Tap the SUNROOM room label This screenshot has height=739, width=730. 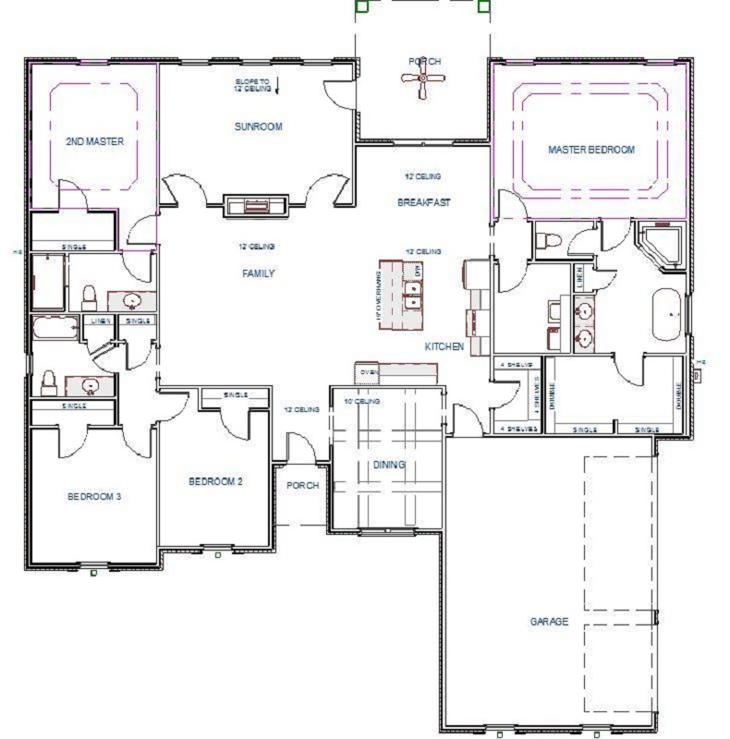pyautogui.click(x=258, y=127)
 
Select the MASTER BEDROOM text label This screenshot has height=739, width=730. pyautogui.click(x=591, y=150)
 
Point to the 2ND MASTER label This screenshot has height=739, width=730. pyautogui.click(x=94, y=142)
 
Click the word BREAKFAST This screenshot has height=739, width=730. pyautogui.click(x=423, y=202)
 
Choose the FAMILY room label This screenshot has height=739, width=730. pyautogui.click(x=258, y=273)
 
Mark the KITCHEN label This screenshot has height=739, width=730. pyautogui.click(x=444, y=346)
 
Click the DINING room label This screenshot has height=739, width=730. pyautogui.click(x=389, y=465)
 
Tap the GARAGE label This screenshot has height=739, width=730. pyautogui.click(x=549, y=622)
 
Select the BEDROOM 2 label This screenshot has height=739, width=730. pyautogui.click(x=215, y=481)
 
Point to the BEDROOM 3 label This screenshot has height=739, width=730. pyautogui.click(x=94, y=496)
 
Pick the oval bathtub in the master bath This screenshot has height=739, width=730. pyautogui.click(x=667, y=315)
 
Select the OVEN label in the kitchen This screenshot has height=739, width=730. pyautogui.click(x=369, y=373)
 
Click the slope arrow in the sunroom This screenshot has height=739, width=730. pyautogui.click(x=278, y=88)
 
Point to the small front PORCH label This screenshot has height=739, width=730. pyautogui.click(x=301, y=485)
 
